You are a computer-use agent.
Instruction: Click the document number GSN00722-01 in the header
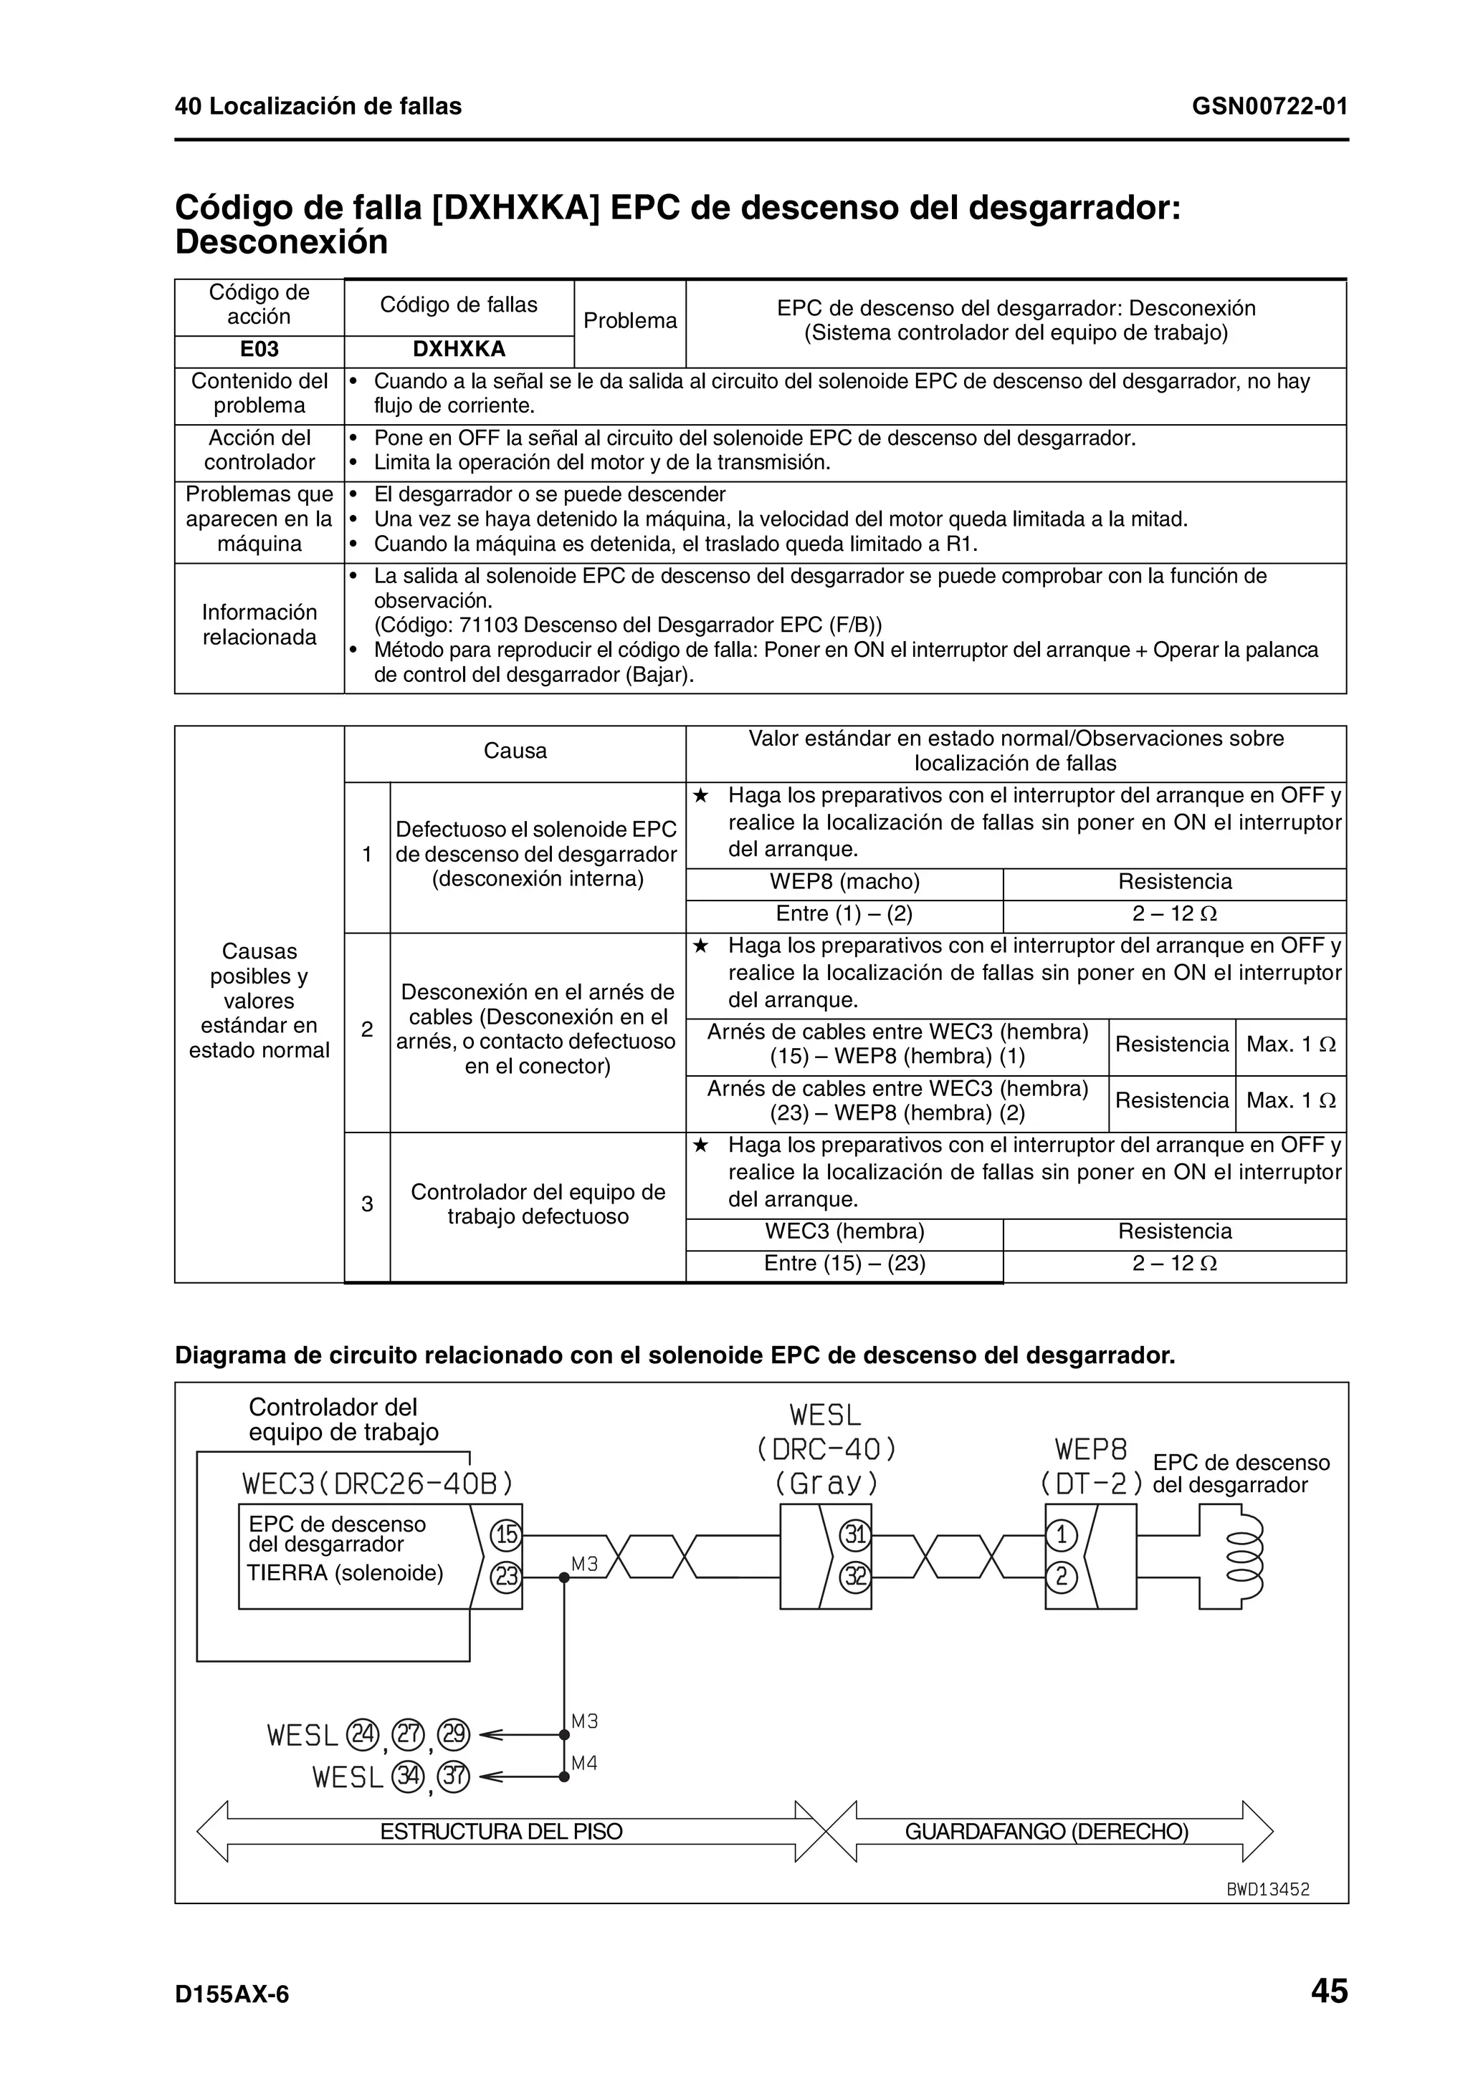point(1269,107)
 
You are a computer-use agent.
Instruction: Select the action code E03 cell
point(259,350)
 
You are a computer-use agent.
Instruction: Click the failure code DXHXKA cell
point(459,350)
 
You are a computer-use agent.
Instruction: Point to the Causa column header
point(515,751)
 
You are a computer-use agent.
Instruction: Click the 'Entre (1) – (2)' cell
point(844,914)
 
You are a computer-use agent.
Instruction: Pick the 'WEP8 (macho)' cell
point(844,882)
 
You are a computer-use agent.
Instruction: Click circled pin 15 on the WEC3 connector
point(505,1534)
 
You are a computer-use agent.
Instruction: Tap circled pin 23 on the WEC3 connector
point(505,1577)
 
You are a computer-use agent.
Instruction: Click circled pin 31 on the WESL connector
point(854,1534)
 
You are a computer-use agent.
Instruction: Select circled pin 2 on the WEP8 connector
point(1061,1577)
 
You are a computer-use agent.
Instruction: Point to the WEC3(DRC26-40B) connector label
point(378,1484)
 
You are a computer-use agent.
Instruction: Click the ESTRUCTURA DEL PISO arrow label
point(501,1832)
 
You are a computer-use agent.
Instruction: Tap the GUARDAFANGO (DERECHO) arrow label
point(1047,1832)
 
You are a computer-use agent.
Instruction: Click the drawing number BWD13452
point(1267,1890)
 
